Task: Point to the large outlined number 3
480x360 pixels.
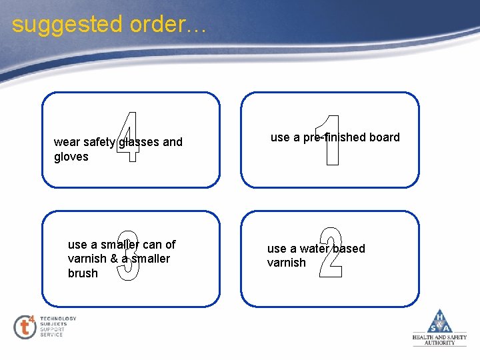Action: (x=128, y=255)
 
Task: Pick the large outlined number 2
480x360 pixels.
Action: (x=331, y=253)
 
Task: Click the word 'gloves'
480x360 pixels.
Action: (x=71, y=157)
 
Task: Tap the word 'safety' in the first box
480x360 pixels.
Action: (x=100, y=142)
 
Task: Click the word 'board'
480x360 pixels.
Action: (x=385, y=137)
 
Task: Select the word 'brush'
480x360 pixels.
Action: (x=83, y=273)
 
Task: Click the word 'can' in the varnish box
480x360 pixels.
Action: (x=152, y=245)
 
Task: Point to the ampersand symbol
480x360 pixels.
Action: (x=115, y=259)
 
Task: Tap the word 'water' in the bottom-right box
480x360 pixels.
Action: (x=314, y=249)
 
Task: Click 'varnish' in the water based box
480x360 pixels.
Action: (x=286, y=263)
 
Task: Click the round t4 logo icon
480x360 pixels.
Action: (x=25, y=327)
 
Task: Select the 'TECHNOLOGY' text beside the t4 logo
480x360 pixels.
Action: (x=58, y=319)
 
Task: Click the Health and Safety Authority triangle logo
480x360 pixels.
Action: (x=440, y=323)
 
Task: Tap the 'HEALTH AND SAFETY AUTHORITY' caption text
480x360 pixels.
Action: (x=439, y=340)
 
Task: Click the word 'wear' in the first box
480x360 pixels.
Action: (x=67, y=142)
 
